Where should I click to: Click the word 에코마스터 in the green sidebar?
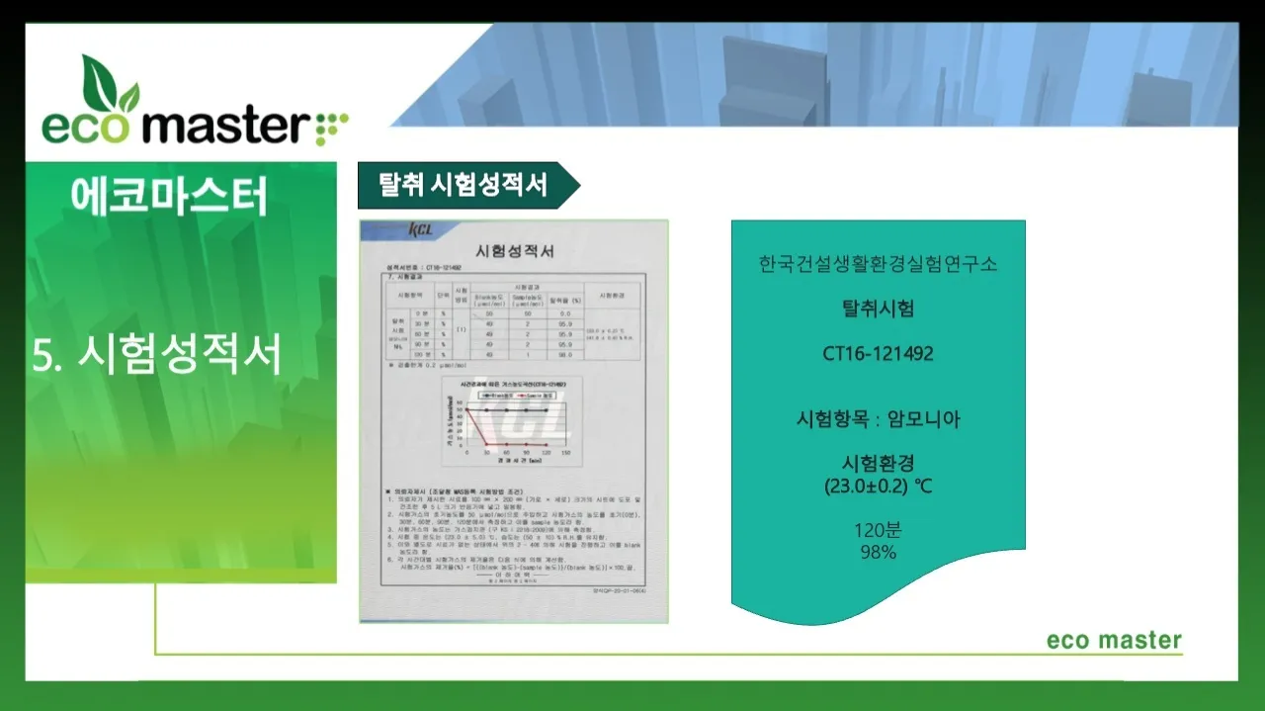169,197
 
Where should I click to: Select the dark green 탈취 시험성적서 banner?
464,185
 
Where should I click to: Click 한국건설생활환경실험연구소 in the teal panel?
878,264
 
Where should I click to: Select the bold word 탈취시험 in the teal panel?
878,309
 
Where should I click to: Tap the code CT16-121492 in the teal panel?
878,353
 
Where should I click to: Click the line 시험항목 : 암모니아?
878,419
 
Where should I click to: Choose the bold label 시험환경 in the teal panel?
878,463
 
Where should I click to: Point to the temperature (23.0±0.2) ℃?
878,487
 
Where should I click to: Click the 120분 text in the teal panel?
878,529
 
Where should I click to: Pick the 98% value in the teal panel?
878,552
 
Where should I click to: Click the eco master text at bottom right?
1114,640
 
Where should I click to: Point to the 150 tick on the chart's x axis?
565,453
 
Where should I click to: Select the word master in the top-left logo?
233,126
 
